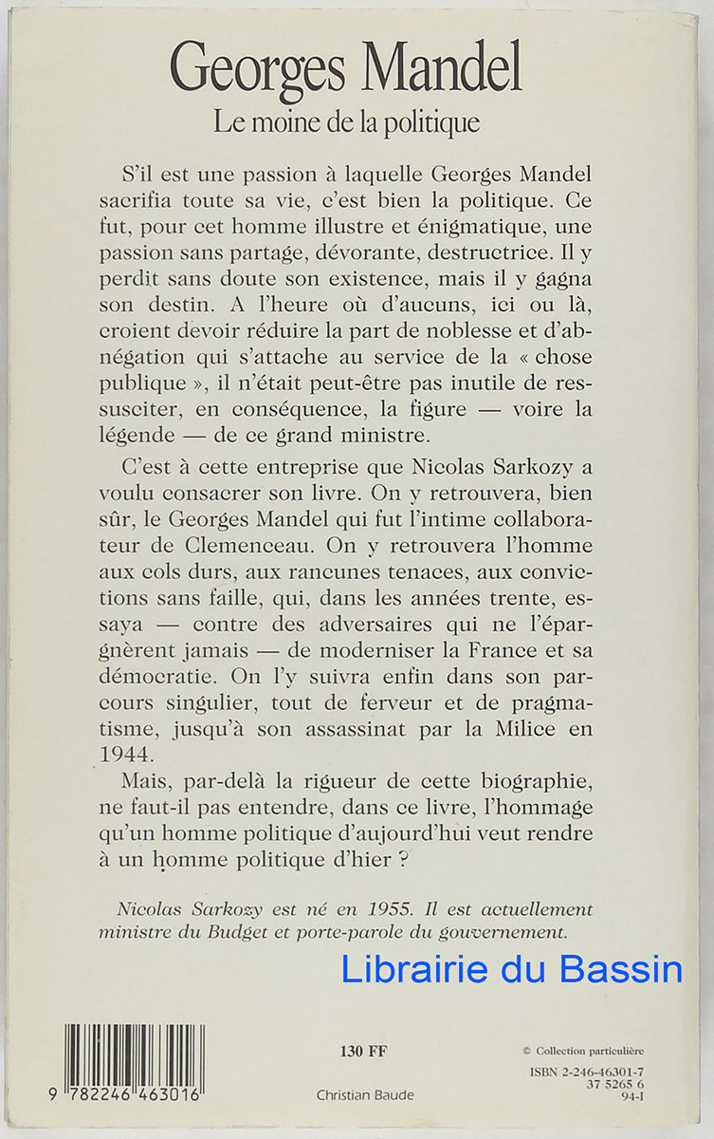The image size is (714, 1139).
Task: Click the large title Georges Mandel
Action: (x=346, y=68)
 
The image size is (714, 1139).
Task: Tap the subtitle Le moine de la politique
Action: (x=346, y=122)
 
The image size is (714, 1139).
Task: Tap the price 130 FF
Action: (x=363, y=1050)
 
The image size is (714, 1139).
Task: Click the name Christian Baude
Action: (x=365, y=1094)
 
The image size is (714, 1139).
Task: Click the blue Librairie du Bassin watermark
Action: (x=511, y=969)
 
